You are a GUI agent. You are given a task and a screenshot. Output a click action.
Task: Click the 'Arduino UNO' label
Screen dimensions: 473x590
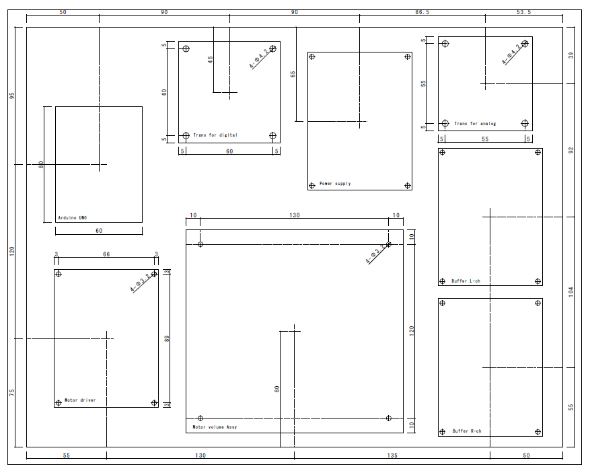[x=72, y=217]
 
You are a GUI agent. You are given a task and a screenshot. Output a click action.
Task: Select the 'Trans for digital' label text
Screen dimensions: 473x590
[x=215, y=135]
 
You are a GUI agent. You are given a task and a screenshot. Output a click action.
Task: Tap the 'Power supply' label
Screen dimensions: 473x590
[x=335, y=184]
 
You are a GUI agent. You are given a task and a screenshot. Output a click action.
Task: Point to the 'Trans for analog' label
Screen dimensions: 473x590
[x=475, y=124]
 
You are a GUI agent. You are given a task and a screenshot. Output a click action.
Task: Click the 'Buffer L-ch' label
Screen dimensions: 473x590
[x=466, y=281]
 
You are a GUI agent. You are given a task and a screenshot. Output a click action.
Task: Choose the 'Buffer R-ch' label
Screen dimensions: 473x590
[x=467, y=431]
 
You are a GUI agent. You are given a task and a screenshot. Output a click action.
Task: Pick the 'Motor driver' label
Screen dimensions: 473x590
[x=79, y=400]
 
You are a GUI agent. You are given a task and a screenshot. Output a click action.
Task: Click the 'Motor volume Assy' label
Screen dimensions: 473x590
[x=215, y=427]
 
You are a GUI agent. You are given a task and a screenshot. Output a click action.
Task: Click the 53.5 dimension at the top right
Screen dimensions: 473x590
[x=523, y=12]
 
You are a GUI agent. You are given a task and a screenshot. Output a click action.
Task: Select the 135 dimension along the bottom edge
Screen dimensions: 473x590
[x=392, y=456]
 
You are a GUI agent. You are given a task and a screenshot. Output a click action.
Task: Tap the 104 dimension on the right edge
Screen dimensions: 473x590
[x=571, y=292]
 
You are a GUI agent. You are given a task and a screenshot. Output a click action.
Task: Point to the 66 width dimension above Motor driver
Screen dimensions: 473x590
[x=106, y=254]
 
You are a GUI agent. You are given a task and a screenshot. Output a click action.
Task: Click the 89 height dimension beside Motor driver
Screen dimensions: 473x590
[x=167, y=338]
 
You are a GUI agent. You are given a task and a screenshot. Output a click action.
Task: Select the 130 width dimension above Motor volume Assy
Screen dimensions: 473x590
[x=295, y=215]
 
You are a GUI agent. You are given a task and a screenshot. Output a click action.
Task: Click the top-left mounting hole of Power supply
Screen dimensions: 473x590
[x=312, y=57]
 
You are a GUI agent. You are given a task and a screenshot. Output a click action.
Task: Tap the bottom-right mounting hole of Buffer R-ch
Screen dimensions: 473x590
[x=538, y=431]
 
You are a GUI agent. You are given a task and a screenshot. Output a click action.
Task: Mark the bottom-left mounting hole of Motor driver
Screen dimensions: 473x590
[x=59, y=403]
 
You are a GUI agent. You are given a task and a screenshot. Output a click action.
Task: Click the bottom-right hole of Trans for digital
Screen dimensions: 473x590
[x=272, y=135]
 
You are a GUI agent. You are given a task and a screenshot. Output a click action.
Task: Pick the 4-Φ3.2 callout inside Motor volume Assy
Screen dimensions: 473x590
[x=376, y=253]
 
